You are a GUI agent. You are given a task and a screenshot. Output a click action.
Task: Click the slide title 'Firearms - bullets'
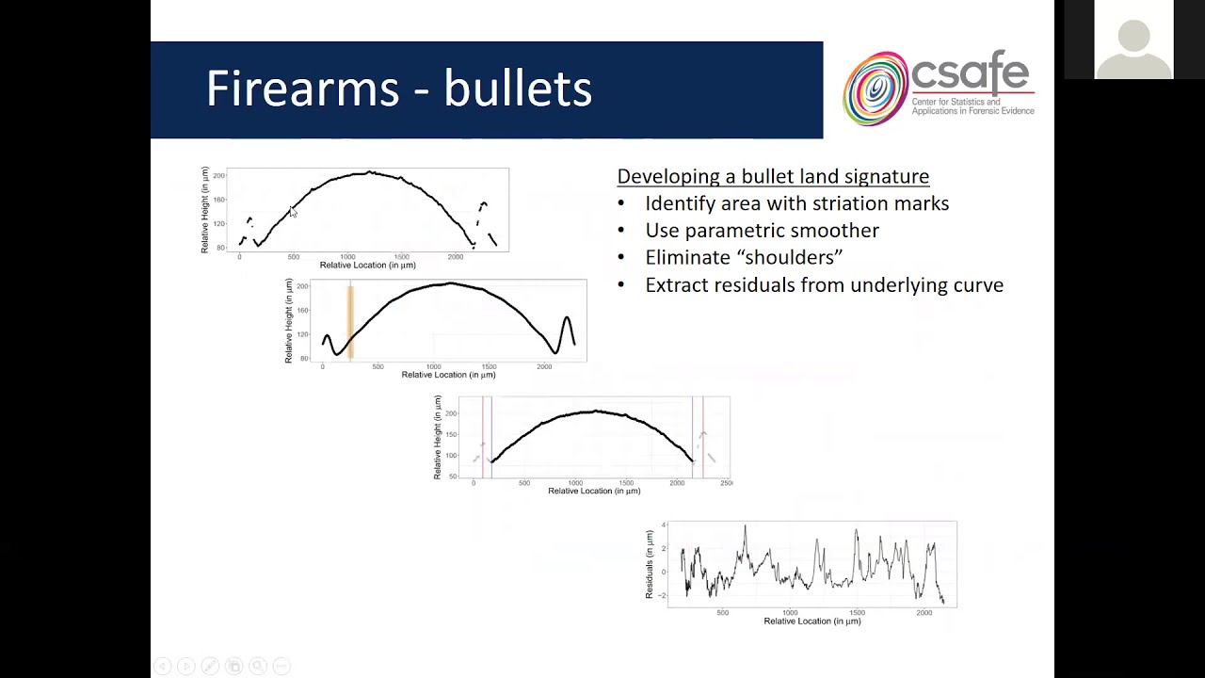398,89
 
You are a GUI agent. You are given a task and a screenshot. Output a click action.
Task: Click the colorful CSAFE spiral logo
875,89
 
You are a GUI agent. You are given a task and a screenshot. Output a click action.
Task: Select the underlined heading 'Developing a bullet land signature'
773,176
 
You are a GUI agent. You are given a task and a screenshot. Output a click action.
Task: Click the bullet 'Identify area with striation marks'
796,203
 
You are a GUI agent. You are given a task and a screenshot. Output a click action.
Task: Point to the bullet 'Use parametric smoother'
762,231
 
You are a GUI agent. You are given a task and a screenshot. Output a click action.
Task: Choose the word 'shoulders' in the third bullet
793,257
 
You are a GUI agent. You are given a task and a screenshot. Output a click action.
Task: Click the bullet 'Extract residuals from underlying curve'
824,284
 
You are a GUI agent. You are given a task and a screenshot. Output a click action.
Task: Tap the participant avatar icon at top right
1133,42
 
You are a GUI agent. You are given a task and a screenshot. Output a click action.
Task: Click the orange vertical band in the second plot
350,321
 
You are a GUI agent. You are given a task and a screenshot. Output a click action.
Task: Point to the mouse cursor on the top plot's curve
293,213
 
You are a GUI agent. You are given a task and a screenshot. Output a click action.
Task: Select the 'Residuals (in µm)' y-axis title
650,564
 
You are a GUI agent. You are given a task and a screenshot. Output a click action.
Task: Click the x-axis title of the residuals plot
811,621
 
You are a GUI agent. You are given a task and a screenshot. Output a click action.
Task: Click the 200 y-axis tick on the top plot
218,176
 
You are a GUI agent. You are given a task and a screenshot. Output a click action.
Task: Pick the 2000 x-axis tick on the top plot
456,257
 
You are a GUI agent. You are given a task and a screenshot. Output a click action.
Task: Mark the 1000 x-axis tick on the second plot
433,366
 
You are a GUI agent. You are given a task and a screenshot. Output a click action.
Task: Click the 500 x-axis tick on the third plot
524,483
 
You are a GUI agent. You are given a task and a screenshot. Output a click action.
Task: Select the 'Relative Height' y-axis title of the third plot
438,437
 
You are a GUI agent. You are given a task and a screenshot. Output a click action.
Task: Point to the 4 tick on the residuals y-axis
664,525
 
